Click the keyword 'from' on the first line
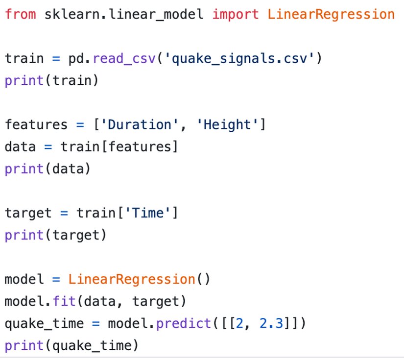(x=21, y=14)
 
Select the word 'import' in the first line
(x=236, y=14)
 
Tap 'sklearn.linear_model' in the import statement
(x=123, y=14)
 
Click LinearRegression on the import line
(x=331, y=14)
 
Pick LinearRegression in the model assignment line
(x=131, y=280)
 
